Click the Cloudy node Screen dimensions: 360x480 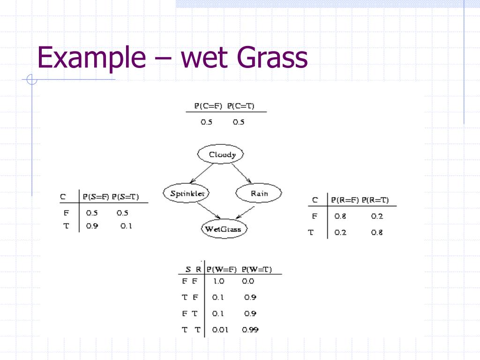pyautogui.click(x=222, y=155)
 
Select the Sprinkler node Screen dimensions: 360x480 pyautogui.click(x=187, y=193)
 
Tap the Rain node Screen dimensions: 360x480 pyautogui.click(x=259, y=193)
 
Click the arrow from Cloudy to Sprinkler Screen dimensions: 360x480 pyautogui.click(x=202, y=173)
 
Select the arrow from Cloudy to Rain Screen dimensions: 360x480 pyautogui.click(x=242, y=173)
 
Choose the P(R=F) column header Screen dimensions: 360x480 pyautogui.click(x=345, y=200)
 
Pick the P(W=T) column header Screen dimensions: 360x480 pyautogui.click(x=257, y=270)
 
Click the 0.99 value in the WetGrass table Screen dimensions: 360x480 pyautogui.click(x=250, y=330)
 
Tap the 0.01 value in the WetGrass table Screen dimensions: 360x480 pyautogui.click(x=220, y=330)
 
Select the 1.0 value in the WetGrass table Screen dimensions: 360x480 pyautogui.click(x=218, y=281)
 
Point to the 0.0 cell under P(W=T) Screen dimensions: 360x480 pyautogui.click(x=248, y=281)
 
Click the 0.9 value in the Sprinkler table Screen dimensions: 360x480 pyautogui.click(x=92, y=226)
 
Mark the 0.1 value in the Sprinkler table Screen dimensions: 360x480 pyautogui.click(x=126, y=226)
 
